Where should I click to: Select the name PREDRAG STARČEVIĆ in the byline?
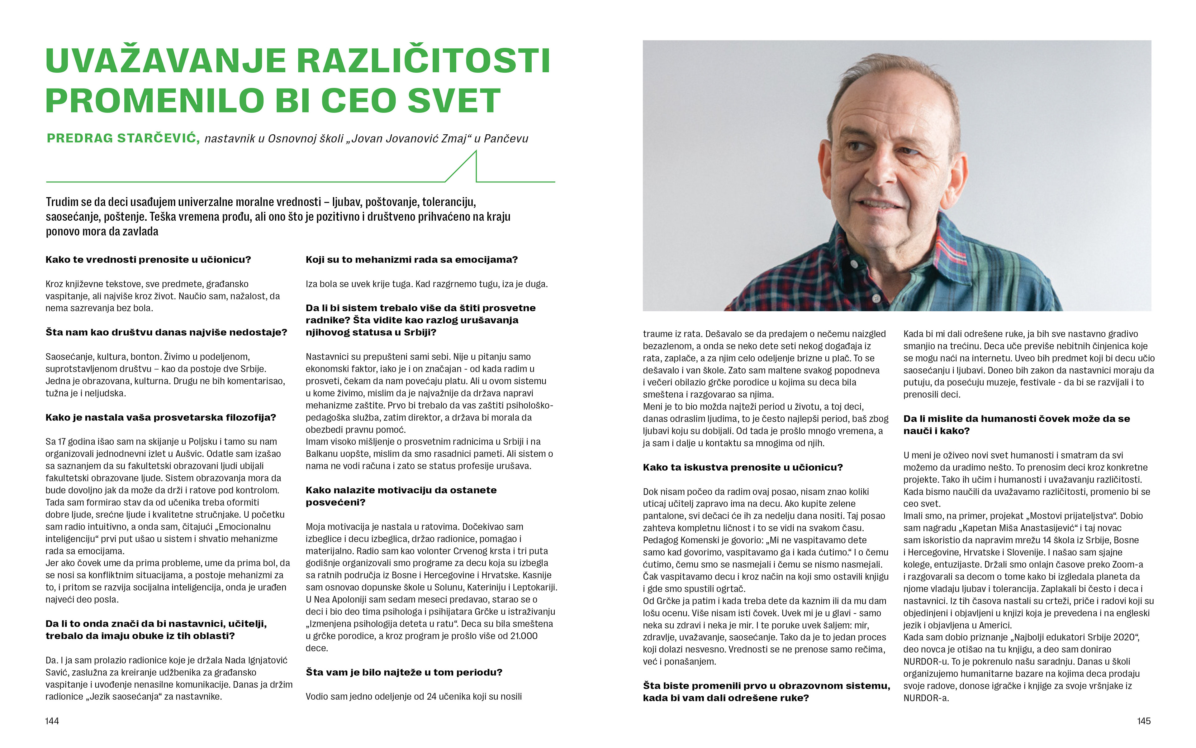click(x=123, y=138)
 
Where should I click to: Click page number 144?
click(x=52, y=721)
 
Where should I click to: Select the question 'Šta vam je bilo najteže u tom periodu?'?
click(x=404, y=672)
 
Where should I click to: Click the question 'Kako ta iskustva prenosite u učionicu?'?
click(x=743, y=467)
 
